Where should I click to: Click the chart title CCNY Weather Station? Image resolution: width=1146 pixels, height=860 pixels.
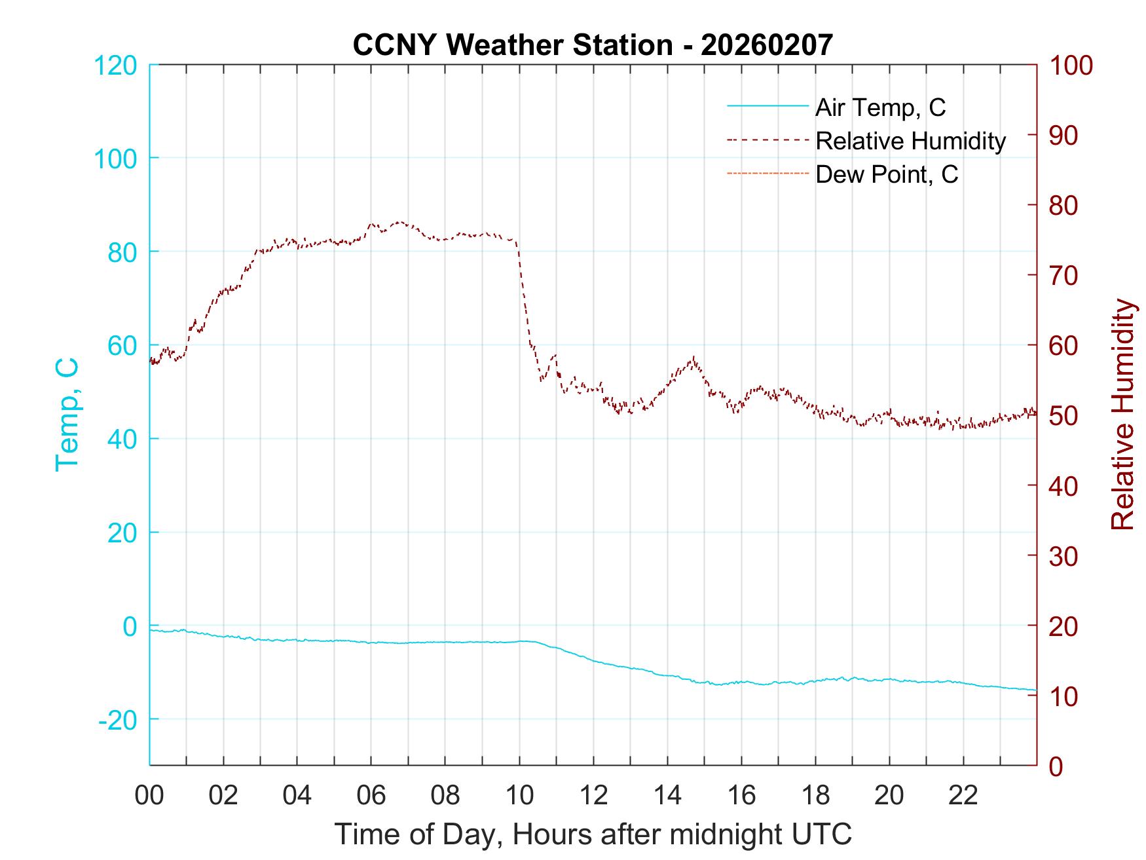(x=593, y=45)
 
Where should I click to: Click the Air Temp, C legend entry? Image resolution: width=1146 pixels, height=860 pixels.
(x=879, y=107)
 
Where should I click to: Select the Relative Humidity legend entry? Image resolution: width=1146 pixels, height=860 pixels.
(x=910, y=141)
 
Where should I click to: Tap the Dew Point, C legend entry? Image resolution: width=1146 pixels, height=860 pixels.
(x=886, y=174)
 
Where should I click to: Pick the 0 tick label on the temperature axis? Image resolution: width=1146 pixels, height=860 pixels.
(x=130, y=626)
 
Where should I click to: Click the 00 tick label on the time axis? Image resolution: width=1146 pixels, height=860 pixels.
(x=149, y=796)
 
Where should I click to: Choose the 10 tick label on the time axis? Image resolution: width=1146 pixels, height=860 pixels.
(x=519, y=796)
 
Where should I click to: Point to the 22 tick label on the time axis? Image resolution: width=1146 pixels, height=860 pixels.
(x=963, y=796)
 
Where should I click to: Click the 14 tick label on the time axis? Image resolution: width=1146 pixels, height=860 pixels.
(x=667, y=796)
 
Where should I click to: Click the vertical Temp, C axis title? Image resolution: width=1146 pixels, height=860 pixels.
(x=67, y=414)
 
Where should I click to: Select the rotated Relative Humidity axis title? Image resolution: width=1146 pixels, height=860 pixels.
(x=1122, y=414)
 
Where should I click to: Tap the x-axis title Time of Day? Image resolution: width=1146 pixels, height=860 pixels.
(x=593, y=834)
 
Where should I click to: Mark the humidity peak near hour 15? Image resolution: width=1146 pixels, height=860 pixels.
(x=693, y=358)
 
